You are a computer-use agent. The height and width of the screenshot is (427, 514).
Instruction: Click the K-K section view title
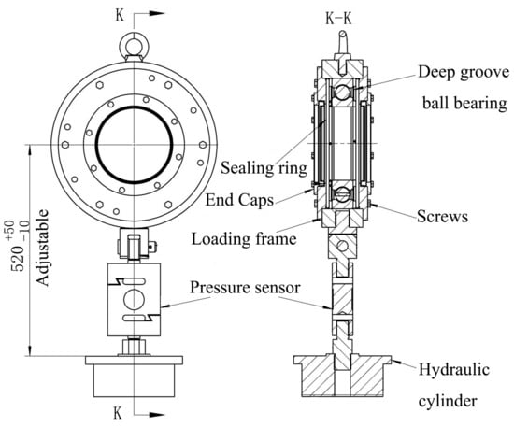pos(338,19)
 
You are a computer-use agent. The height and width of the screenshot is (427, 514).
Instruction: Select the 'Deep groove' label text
pos(464,73)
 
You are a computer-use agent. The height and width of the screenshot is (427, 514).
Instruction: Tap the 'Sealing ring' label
pos(264,168)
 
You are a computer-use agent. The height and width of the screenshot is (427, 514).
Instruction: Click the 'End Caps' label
pos(239,199)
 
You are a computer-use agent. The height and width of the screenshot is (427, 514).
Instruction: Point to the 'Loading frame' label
pos(244,238)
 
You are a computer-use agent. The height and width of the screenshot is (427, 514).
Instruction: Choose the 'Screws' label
pos(442,217)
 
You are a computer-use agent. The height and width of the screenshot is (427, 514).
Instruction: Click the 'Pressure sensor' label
pos(245,288)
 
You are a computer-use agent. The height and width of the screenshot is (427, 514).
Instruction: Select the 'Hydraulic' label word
pos(454,370)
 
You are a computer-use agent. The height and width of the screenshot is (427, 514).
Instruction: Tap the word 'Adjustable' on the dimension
pos(43,248)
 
